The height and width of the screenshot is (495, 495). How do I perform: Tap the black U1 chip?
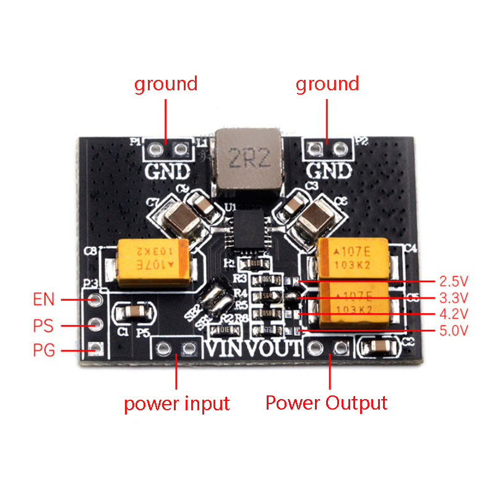tap(249, 229)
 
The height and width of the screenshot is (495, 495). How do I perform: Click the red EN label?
tap(44, 300)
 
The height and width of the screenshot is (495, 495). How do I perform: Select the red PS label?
tap(44, 325)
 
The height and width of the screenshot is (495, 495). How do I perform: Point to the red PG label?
tap(44, 351)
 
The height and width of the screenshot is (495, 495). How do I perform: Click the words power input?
tap(176, 404)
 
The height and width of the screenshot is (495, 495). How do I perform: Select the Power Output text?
tap(326, 403)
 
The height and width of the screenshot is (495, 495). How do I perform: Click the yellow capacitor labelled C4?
tap(353, 256)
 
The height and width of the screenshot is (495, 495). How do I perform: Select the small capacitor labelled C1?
tap(131, 312)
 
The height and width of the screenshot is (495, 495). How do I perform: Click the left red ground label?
tap(166, 84)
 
